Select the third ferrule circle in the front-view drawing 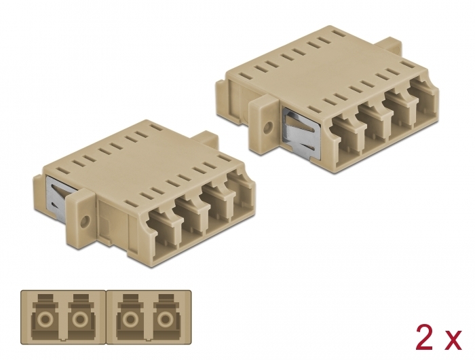(x=128, y=321)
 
